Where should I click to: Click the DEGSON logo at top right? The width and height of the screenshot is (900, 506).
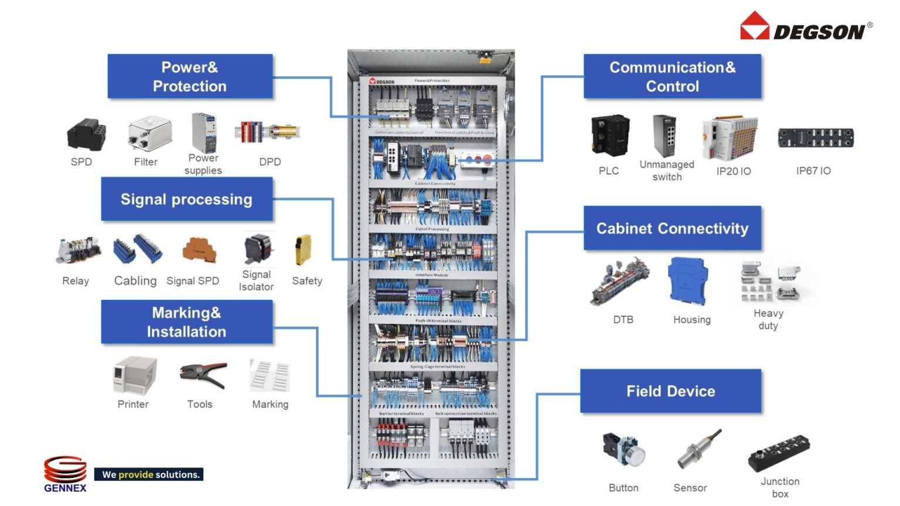click(x=806, y=27)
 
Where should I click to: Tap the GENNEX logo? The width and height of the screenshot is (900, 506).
click(x=65, y=473)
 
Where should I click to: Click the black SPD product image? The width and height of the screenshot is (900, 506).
click(x=86, y=135)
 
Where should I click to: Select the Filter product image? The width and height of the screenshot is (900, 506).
click(x=150, y=134)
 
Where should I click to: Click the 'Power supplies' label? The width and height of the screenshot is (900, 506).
click(x=203, y=164)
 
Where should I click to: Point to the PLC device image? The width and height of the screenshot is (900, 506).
click(x=610, y=136)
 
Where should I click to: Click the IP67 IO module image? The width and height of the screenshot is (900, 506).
click(x=815, y=138)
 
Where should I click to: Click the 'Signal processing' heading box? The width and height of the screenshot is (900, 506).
click(x=187, y=199)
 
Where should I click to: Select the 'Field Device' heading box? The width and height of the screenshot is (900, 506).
click(x=671, y=391)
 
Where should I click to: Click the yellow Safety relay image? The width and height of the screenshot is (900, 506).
click(x=304, y=249)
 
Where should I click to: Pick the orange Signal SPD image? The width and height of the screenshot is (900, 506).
click(x=199, y=250)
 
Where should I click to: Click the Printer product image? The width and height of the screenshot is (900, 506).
click(x=135, y=375)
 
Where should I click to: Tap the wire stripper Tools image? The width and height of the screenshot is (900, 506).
click(x=203, y=375)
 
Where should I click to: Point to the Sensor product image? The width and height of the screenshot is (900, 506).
click(x=698, y=450)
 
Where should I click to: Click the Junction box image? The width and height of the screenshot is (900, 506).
click(x=779, y=453)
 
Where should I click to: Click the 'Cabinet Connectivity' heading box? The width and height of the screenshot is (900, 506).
click(x=672, y=228)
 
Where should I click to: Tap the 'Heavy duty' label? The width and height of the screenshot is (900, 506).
click(x=768, y=319)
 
